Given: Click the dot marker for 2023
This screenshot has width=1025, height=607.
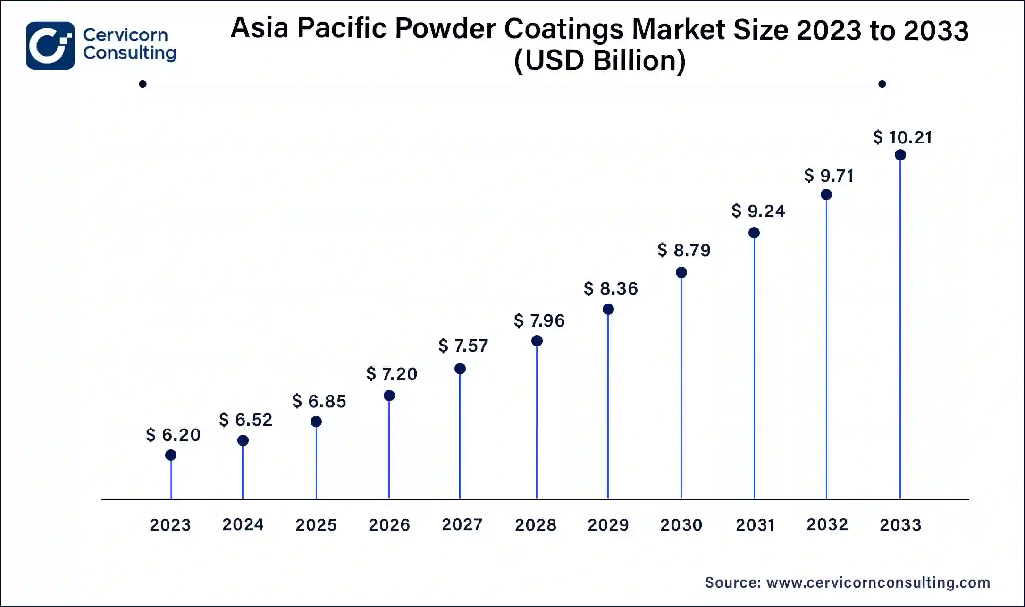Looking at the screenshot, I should (171, 455).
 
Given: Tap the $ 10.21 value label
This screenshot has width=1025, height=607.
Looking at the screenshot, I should (902, 137).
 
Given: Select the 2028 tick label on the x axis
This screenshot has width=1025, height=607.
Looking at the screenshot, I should (536, 524).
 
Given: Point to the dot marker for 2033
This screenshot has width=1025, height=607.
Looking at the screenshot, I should (900, 155).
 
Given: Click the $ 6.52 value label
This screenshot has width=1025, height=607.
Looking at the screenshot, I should (246, 420).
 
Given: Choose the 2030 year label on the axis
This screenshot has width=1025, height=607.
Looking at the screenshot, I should (681, 524).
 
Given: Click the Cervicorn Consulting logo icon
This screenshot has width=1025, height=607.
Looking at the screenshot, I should (50, 46).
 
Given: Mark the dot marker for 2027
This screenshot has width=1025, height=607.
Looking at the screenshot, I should (460, 369).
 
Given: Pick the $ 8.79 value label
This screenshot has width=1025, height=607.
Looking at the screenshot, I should (684, 250).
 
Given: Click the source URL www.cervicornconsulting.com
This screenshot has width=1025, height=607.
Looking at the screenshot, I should (878, 582).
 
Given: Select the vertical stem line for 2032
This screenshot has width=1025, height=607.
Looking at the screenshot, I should (826, 349).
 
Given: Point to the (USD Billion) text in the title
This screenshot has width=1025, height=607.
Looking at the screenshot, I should (600, 61).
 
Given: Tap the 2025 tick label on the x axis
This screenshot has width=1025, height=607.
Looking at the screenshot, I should (316, 524).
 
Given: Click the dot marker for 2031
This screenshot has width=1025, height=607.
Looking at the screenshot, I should (754, 233).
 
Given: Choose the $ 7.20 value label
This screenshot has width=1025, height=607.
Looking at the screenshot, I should (392, 374).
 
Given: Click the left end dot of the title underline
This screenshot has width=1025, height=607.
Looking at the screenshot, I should (143, 84).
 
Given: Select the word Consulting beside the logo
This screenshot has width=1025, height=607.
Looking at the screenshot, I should (130, 53).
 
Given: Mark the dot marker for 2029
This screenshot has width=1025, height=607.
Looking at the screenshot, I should (608, 309).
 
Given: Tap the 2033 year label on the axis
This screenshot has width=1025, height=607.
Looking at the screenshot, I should (900, 524).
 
